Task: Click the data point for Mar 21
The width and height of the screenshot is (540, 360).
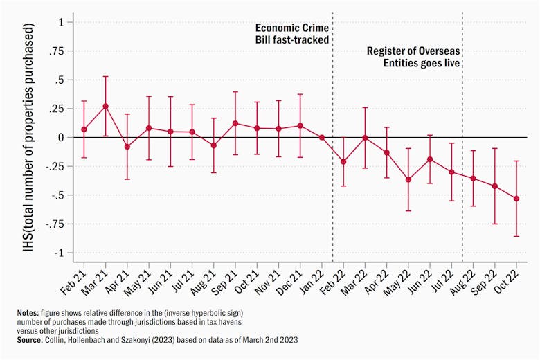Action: click(105, 107)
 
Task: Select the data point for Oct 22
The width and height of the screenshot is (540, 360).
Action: click(516, 199)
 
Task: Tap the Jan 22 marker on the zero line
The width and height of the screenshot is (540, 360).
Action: click(322, 137)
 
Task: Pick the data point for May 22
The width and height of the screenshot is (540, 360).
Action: click(408, 179)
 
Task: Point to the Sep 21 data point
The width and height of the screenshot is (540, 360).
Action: click(235, 123)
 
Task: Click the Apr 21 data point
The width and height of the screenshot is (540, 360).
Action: click(127, 147)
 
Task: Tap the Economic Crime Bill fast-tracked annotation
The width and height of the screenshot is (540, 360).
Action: click(291, 34)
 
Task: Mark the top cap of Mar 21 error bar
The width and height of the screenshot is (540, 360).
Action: click(105, 76)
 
